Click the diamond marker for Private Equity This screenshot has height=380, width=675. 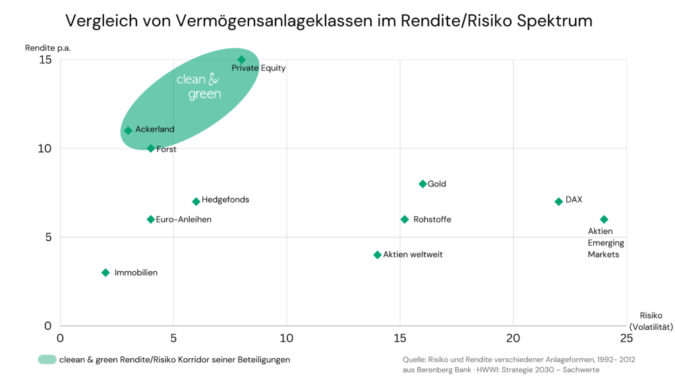click(241, 60)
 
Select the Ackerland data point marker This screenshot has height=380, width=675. click(129, 131)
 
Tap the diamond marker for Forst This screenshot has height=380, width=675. click(151, 148)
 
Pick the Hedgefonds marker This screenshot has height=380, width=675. click(196, 201)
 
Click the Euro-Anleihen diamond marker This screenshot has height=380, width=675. click(151, 219)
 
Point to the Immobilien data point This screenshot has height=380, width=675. click(105, 272)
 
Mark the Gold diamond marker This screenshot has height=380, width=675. click(423, 184)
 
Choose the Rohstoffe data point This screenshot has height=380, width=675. click(405, 219)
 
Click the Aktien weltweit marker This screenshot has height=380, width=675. click(378, 255)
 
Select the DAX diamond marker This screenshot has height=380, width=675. click(558, 201)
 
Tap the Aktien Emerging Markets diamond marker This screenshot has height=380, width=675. click(604, 219)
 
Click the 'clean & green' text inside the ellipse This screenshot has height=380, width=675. click(198, 87)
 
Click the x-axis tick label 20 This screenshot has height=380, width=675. click(513, 338)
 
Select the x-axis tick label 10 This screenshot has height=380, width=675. click(287, 338)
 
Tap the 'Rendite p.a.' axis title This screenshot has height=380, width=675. click(48, 47)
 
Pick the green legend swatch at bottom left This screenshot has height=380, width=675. click(47, 360)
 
